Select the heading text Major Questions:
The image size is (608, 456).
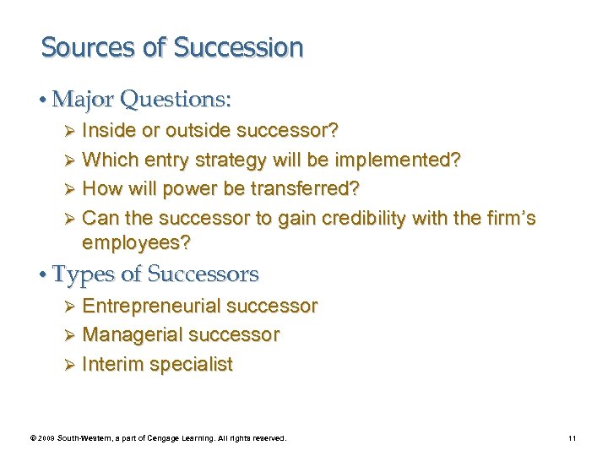[141, 100]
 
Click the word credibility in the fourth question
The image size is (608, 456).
[358, 218]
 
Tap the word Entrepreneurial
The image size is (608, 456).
[149, 306]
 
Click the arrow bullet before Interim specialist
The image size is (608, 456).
[71, 365]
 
